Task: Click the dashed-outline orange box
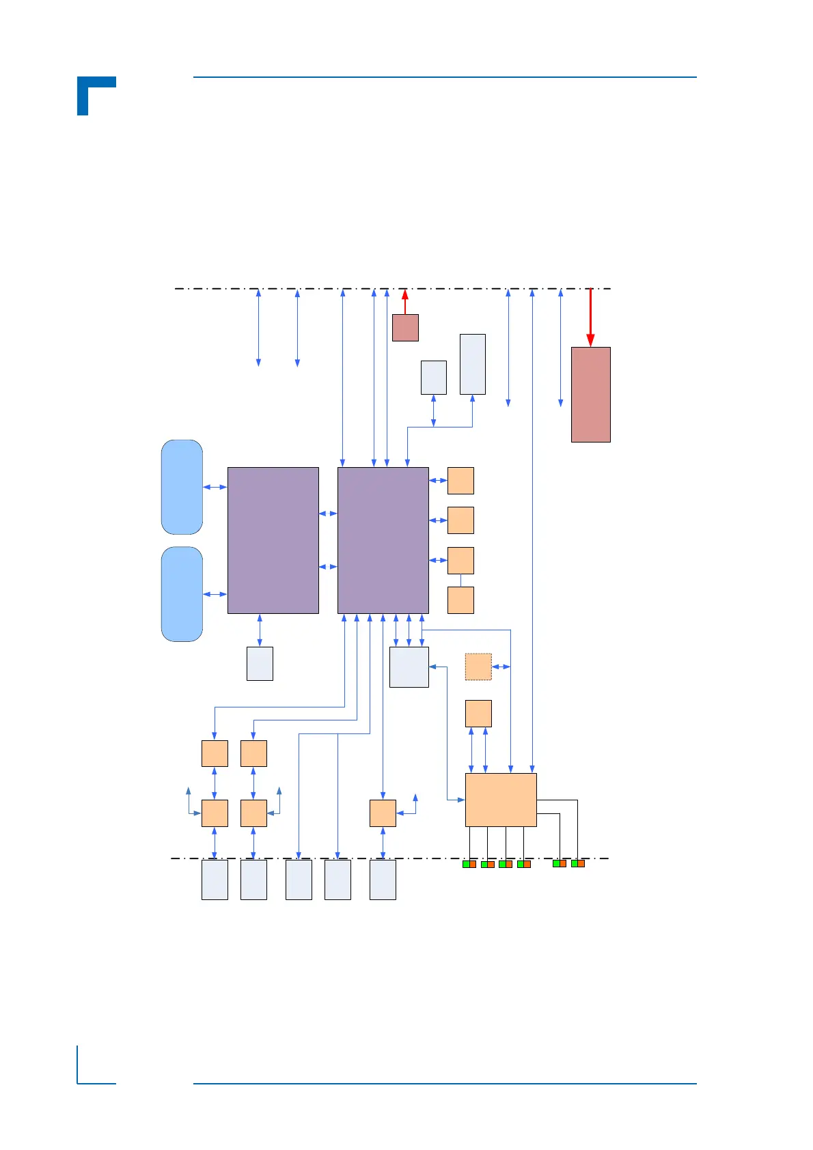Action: click(478, 667)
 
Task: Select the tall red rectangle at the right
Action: click(590, 395)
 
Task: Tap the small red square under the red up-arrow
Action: click(405, 328)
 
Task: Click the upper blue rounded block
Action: click(182, 487)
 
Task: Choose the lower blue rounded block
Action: click(182, 594)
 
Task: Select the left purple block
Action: click(273, 540)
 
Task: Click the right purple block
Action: click(383, 540)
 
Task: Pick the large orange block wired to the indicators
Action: click(501, 800)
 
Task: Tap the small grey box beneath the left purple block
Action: click(260, 664)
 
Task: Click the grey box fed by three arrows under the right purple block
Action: click(409, 667)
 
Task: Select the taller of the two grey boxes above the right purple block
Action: click(473, 364)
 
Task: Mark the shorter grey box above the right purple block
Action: click(434, 378)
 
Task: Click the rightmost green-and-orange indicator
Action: click(578, 864)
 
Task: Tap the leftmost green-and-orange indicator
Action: click(469, 865)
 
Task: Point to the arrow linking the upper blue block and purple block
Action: click(215, 487)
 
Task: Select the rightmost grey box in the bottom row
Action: click(383, 880)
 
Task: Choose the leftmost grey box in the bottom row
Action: click(215, 880)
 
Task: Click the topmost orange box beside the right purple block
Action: click(460, 481)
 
